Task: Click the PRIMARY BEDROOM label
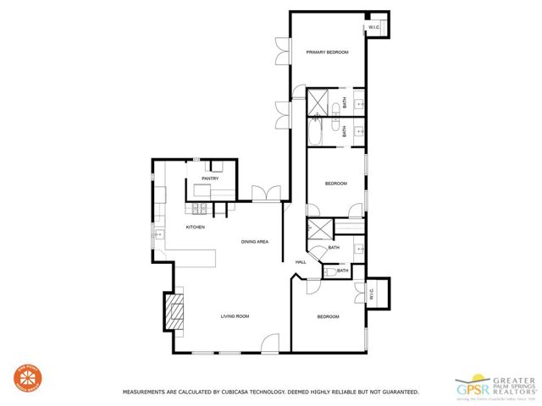point(327,52)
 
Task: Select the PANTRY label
point(210,178)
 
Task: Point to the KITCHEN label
point(196,227)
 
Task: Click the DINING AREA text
point(254,243)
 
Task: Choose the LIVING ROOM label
point(235,316)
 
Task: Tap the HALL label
point(300,262)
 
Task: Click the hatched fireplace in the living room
point(175,310)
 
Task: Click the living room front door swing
point(270,343)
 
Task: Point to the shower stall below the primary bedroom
point(319,101)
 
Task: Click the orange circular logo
point(26,378)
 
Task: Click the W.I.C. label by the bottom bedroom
point(371,294)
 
